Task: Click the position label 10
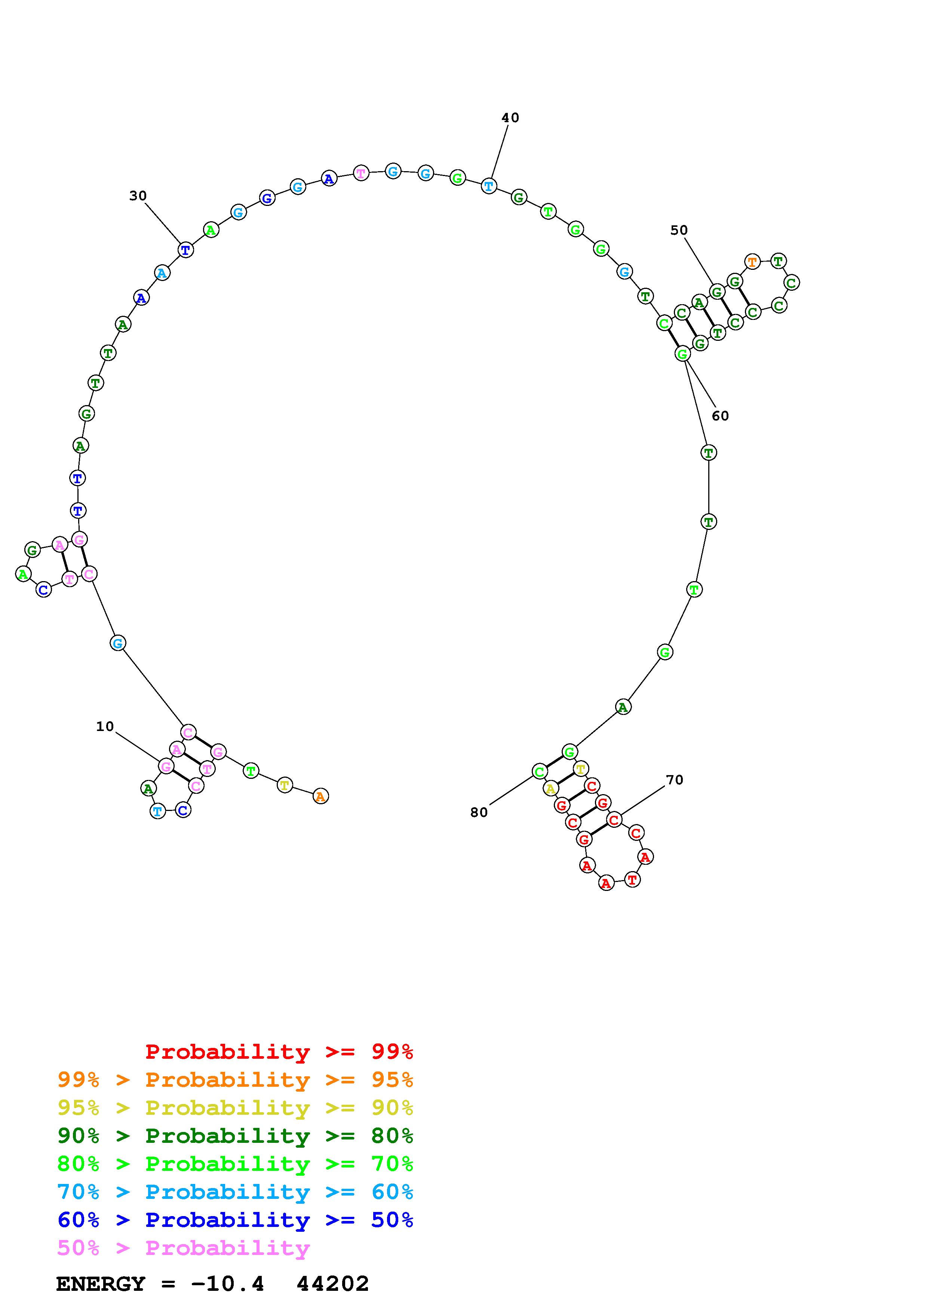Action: pos(105,726)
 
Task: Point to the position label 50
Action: pos(679,230)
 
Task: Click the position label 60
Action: pos(720,416)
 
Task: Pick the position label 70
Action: pos(675,780)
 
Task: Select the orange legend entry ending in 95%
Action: pos(235,1080)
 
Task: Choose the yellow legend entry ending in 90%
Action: pos(235,1108)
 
